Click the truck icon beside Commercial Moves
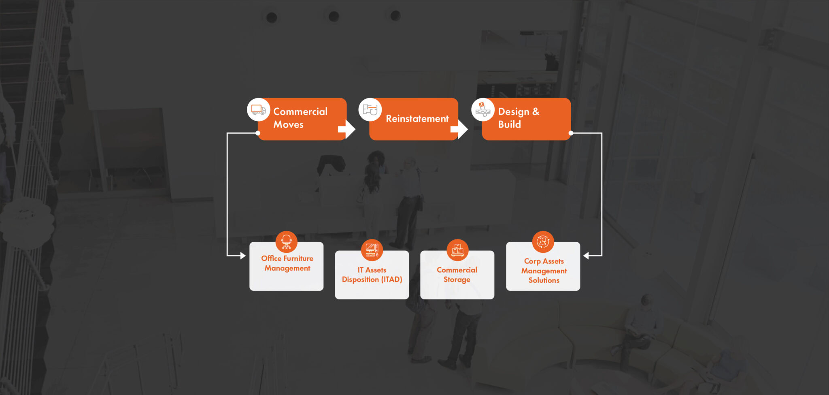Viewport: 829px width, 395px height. [x=258, y=109]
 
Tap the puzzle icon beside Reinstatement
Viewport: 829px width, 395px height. [x=370, y=109]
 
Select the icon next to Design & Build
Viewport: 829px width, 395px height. [x=483, y=109]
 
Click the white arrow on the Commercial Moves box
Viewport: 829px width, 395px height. [x=347, y=129]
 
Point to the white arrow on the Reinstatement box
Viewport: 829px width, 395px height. [x=459, y=129]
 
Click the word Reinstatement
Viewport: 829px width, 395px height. [x=417, y=119]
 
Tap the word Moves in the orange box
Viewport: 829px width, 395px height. [x=288, y=124]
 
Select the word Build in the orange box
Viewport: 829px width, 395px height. [x=510, y=124]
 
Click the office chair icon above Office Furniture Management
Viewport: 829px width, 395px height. [x=287, y=242]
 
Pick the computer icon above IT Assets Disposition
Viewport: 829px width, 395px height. [x=372, y=250]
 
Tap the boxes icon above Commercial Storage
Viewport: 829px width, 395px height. [x=457, y=250]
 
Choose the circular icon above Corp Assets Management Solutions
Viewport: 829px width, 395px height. [x=543, y=242]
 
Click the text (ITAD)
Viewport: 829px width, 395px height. [x=391, y=280]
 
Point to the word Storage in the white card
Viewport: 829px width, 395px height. [x=457, y=280]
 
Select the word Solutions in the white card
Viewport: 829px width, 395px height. [x=544, y=280]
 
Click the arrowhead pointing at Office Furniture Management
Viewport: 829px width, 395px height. [x=243, y=256]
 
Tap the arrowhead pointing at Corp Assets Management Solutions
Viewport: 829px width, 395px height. [x=586, y=256]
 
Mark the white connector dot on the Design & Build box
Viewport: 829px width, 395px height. [x=571, y=133]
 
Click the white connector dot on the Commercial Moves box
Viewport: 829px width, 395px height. [x=258, y=133]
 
